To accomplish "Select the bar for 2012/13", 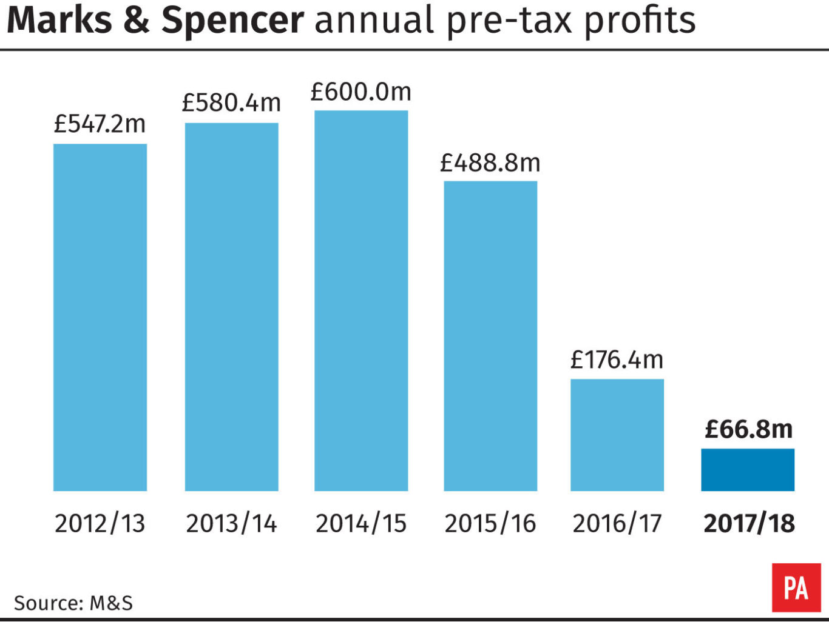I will [x=100, y=317].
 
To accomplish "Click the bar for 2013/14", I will [x=231, y=307].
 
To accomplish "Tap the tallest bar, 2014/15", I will [x=361, y=301].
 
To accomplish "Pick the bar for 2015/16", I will [x=490, y=336].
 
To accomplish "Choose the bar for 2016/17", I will [x=617, y=435].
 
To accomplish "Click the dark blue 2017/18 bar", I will [x=748, y=470].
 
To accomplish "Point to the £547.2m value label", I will [x=100, y=124].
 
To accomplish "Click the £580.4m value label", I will [x=231, y=103].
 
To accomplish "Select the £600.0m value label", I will [x=361, y=92].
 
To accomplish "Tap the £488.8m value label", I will [x=490, y=162].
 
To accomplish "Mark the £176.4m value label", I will [x=617, y=360].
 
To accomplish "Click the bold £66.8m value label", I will [x=748, y=429].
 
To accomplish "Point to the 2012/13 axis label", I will [x=100, y=523].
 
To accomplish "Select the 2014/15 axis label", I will [x=361, y=523].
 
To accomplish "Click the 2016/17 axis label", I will [x=617, y=523].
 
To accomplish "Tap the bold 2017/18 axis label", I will [x=749, y=523].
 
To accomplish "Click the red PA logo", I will [x=796, y=587].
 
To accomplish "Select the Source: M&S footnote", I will [x=73, y=603].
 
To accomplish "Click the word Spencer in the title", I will [x=232, y=21].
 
